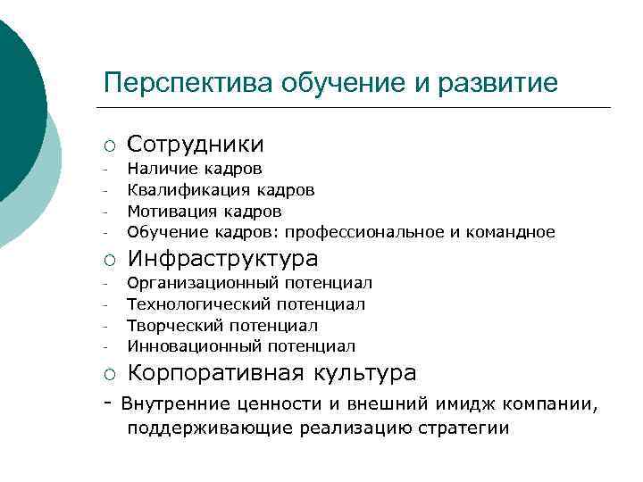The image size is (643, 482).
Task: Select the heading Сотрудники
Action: (195, 145)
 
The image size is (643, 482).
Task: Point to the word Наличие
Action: (159, 169)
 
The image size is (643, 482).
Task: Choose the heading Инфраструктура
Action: (221, 259)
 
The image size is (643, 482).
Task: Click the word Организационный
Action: (202, 283)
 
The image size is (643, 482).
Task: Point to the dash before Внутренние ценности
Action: (108, 403)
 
